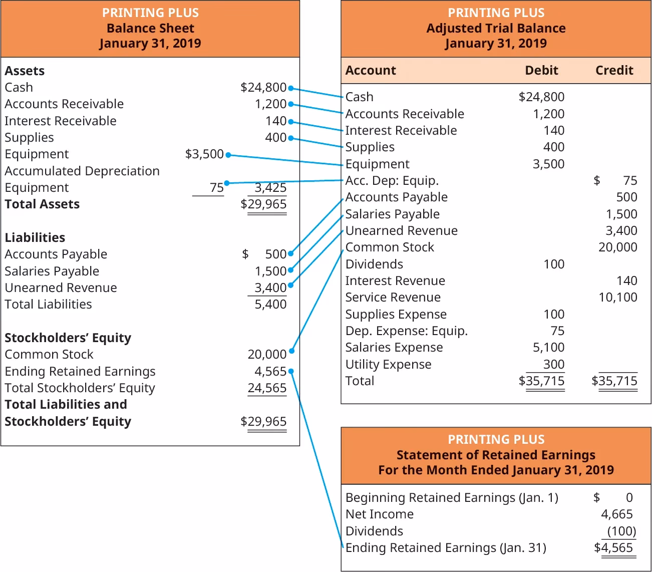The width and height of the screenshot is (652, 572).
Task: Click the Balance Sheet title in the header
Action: point(150,28)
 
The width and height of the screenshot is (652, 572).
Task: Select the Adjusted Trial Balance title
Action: point(496,28)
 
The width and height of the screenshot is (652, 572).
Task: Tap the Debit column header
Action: point(541,71)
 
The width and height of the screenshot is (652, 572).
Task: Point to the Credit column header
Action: point(614,71)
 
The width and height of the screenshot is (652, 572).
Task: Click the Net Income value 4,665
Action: point(616,514)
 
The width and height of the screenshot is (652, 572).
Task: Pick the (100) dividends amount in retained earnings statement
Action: point(621,531)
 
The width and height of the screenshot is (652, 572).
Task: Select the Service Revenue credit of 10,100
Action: point(617,298)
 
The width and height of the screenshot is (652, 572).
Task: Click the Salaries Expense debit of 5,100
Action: point(548,348)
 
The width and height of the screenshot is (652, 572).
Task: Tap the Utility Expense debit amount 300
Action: point(553,364)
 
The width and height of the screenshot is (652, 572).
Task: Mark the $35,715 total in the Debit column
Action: point(542,381)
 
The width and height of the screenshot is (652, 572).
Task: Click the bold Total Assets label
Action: point(42,204)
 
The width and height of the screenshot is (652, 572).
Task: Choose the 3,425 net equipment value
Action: point(270,188)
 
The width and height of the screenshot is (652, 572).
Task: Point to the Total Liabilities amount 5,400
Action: point(270,305)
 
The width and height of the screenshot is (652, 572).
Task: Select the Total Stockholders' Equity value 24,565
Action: point(267,388)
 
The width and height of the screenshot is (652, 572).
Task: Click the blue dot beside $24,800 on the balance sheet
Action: point(291,88)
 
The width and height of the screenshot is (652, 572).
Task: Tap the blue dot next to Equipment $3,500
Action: point(228,155)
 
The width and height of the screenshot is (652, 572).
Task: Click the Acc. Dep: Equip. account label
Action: point(392,181)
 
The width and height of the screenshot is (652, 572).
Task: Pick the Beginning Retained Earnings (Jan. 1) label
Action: point(451,498)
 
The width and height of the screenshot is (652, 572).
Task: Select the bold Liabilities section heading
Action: point(35,237)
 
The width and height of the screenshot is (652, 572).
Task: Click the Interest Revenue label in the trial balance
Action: point(395,281)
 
